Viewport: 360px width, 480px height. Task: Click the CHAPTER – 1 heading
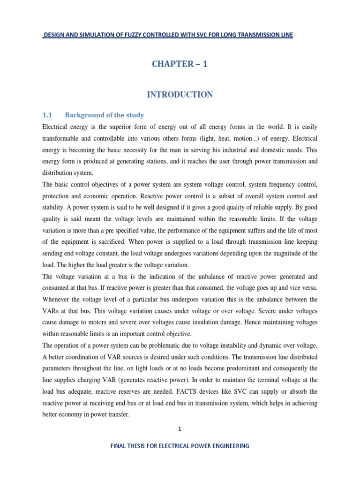pyautogui.click(x=180, y=65)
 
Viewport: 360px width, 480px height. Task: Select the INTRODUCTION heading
pyautogui.click(x=180, y=95)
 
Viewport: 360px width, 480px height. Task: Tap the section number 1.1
pyautogui.click(x=48, y=115)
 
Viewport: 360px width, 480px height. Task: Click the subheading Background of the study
pyautogui.click(x=105, y=115)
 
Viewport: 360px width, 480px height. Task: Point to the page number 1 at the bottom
pyautogui.click(x=180, y=428)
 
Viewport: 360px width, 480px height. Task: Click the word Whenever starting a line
pyautogui.click(x=59, y=299)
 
